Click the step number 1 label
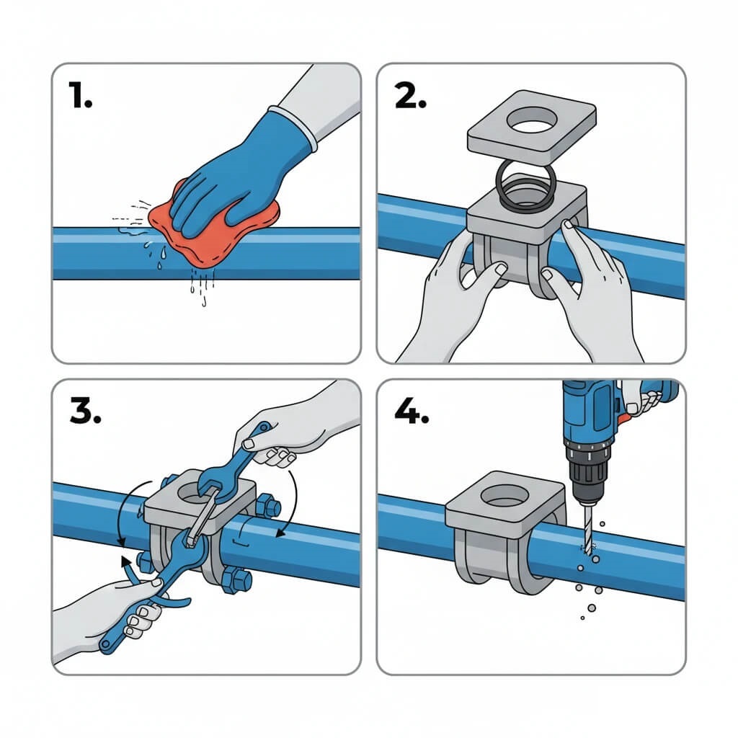(80, 94)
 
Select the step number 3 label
(85, 410)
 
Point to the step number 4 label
(411, 412)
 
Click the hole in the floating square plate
(532, 119)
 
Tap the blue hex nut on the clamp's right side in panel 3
(268, 506)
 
